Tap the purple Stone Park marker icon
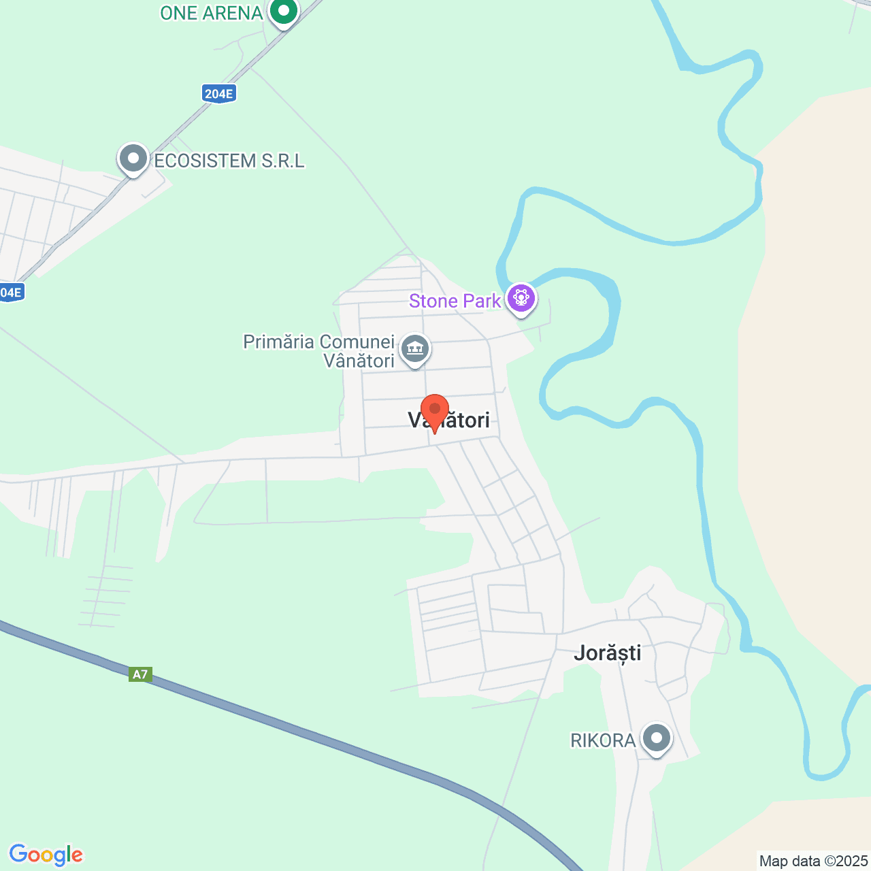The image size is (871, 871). pos(521,299)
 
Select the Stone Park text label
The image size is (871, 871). pos(455,301)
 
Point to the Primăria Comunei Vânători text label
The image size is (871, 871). pos(319,351)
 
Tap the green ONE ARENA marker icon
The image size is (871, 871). pos(283,12)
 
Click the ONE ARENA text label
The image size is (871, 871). pos(211,13)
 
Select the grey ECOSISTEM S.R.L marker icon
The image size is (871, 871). pos(133,159)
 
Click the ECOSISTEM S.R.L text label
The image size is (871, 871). pos(229,161)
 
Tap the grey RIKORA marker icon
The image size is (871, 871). pos(657,738)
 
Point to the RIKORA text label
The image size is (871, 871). pos(603,740)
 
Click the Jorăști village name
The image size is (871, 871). pos(608,653)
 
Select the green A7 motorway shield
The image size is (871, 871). pos(139,674)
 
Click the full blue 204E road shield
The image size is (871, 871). pos(218,94)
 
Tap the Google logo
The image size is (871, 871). pos(46,855)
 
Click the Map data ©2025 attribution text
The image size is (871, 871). pos(813,861)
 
